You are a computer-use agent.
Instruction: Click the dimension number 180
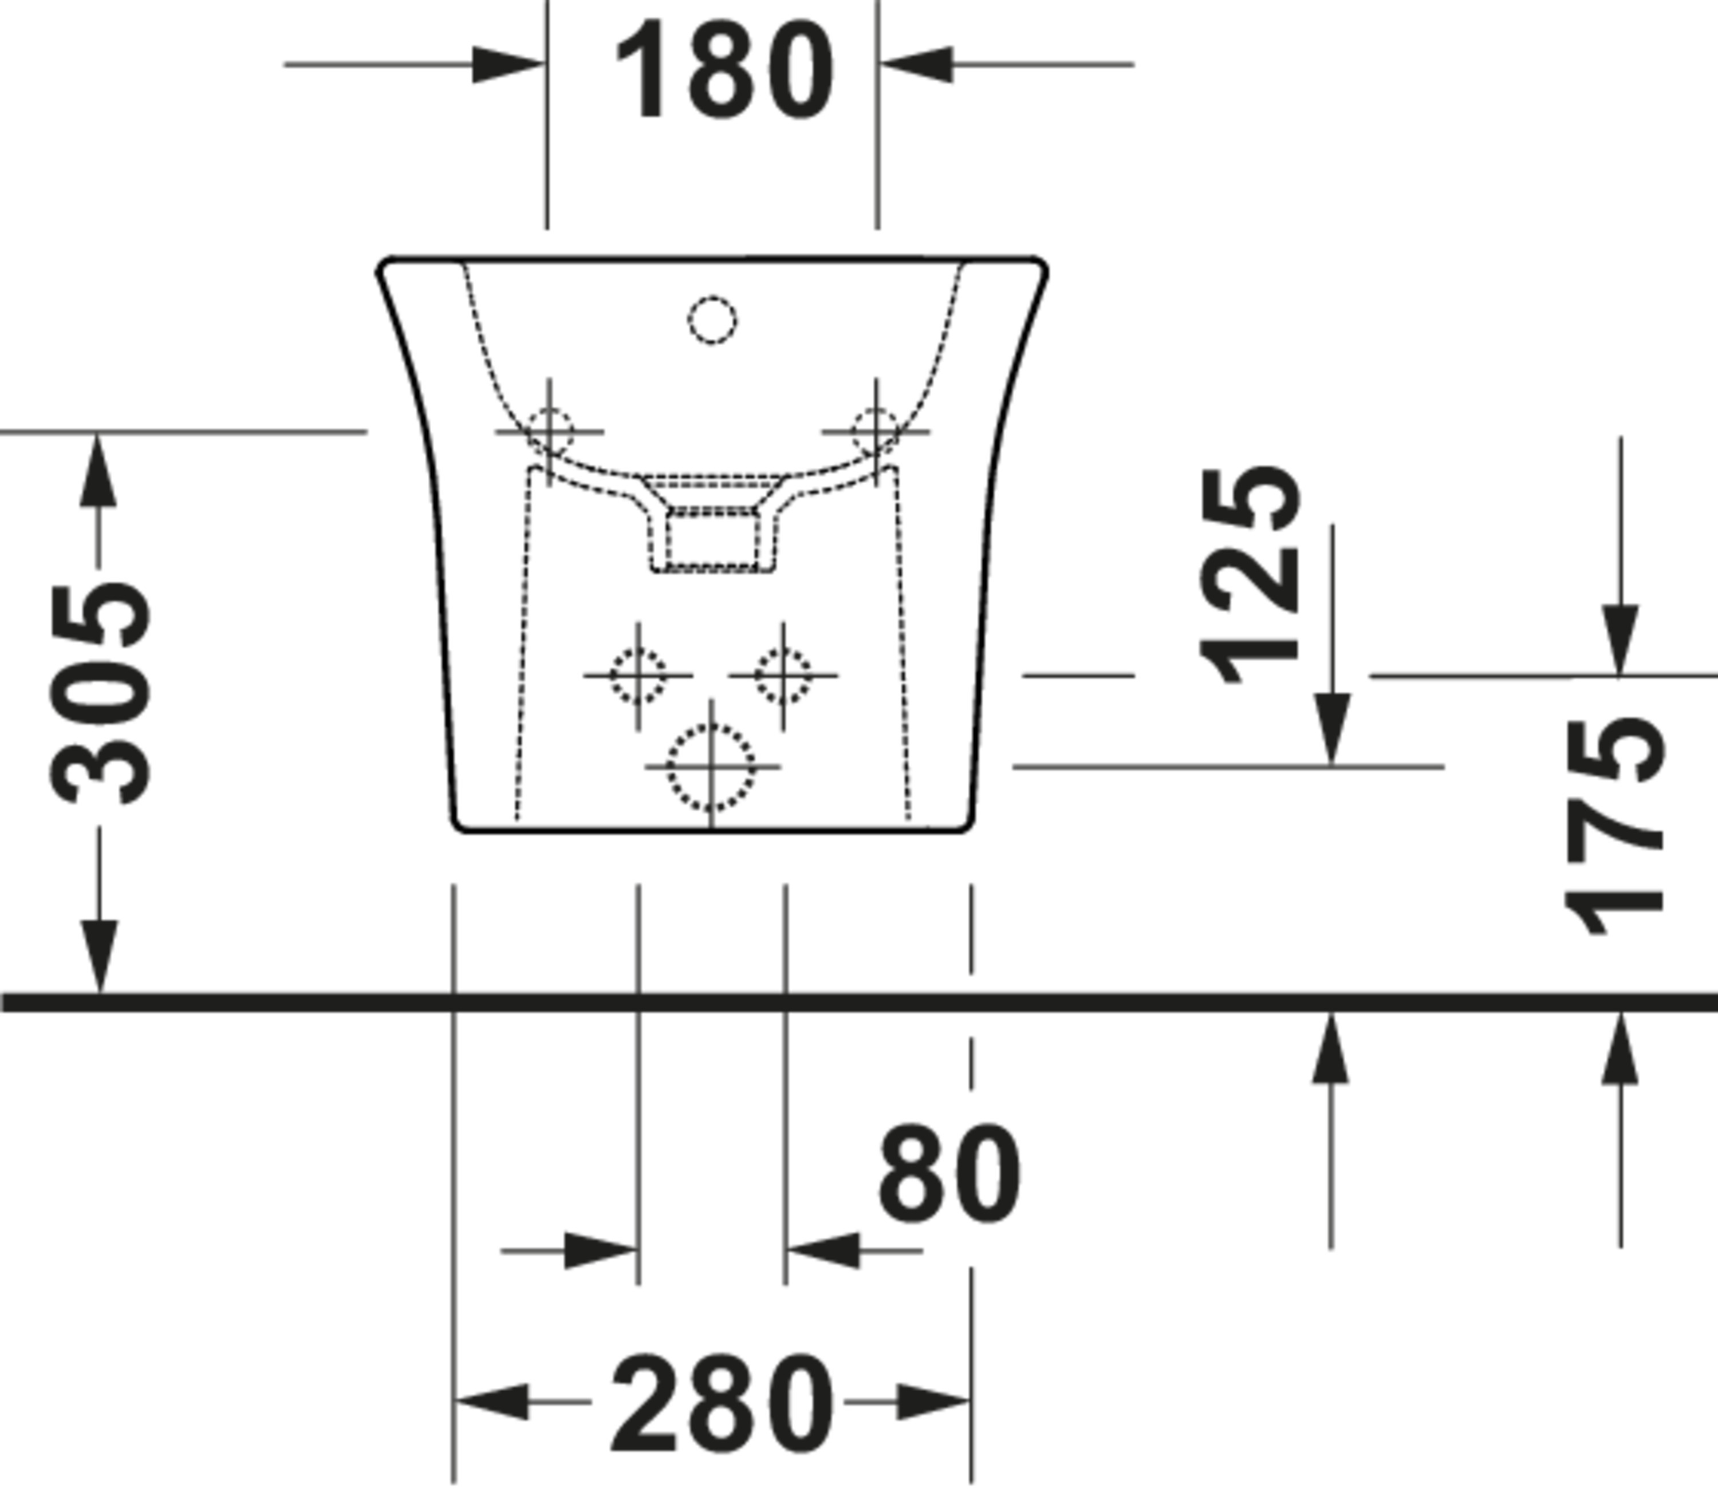coord(724,70)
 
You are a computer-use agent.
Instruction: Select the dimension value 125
coord(1249,576)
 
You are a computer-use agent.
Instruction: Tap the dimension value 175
coord(1614,827)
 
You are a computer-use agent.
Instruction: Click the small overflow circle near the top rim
coord(712,321)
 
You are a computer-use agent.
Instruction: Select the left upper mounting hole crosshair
coord(549,432)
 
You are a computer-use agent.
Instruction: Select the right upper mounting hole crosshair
coord(876,432)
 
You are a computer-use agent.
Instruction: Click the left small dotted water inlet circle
coord(638,674)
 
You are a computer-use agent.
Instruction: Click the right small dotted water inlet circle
coord(783,674)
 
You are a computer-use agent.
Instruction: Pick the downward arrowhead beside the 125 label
coord(1332,728)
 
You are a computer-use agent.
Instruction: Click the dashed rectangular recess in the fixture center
coord(712,540)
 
